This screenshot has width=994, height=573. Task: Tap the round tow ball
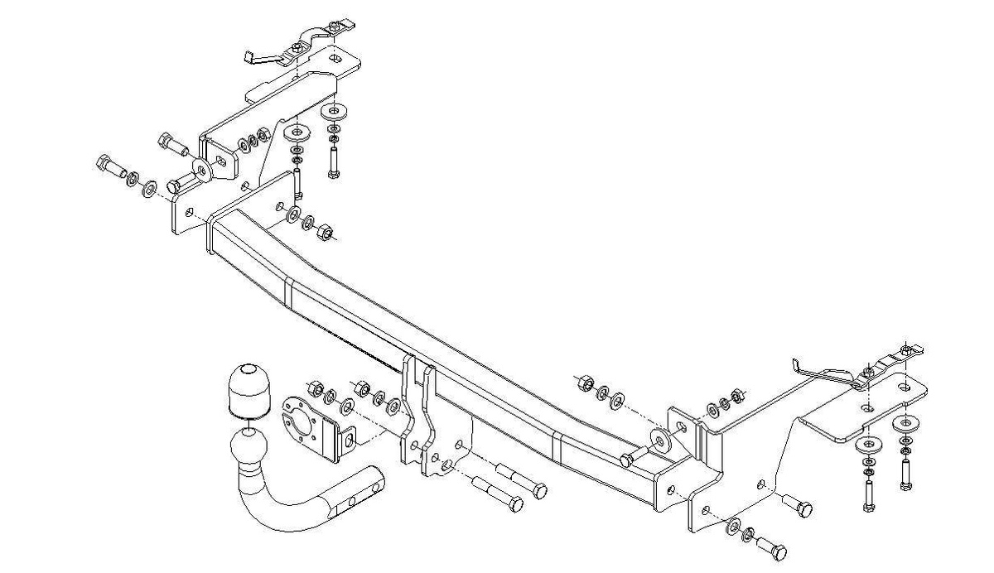pyautogui.click(x=247, y=447)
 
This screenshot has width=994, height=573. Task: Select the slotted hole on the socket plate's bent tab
pyautogui.click(x=349, y=438)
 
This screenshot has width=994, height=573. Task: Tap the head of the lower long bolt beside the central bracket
pyautogui.click(x=514, y=502)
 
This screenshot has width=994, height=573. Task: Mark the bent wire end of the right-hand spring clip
pyautogui.click(x=797, y=364)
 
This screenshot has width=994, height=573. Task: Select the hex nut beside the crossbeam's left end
pyautogui.click(x=326, y=232)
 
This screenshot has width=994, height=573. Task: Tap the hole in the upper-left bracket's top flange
pyautogui.click(x=335, y=60)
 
